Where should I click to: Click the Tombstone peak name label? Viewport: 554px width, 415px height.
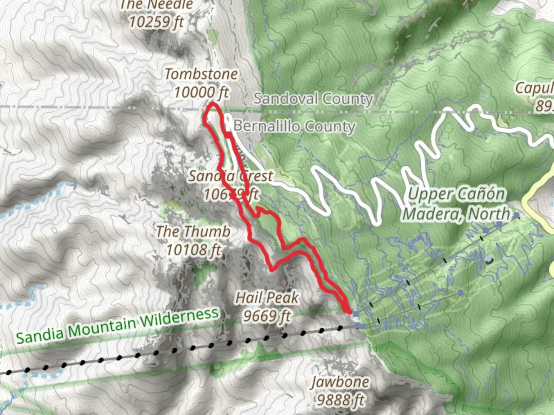point(201,74)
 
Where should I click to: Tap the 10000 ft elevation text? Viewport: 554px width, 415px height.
point(201,92)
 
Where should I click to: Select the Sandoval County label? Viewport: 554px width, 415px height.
point(313,99)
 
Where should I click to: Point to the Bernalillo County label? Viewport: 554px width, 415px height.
point(294,126)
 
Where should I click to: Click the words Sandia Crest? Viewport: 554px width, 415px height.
point(230,176)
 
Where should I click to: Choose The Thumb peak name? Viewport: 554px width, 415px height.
point(193,232)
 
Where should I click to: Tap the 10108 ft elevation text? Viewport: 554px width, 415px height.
point(193,250)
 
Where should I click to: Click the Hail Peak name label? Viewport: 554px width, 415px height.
point(267,297)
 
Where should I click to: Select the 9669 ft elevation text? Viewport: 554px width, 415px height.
point(267,316)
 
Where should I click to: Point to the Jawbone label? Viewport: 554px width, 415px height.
point(340,382)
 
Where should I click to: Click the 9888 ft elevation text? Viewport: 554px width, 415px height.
point(340,400)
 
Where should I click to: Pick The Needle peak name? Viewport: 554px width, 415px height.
point(157,5)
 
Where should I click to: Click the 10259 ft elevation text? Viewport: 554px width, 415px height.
point(156,22)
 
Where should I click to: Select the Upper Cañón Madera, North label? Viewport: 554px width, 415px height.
point(457,204)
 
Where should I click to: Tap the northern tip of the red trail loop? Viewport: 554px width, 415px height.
point(213,104)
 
